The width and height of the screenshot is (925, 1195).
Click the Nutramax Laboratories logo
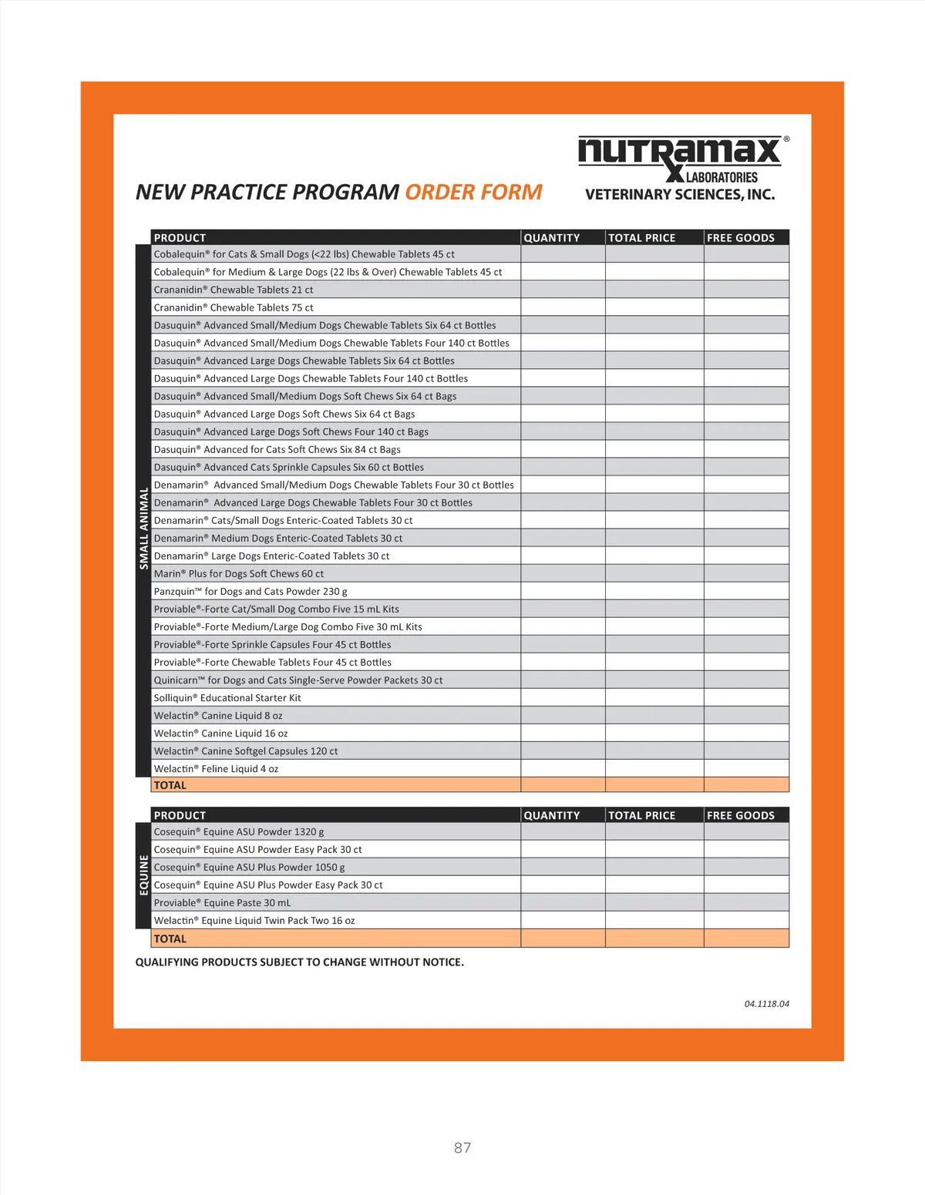pyautogui.click(x=683, y=158)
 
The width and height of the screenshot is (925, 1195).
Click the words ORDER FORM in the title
pyautogui.click(x=473, y=192)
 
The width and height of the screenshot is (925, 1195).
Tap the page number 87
pyautogui.click(x=462, y=1147)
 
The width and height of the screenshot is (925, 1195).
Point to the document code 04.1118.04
pyautogui.click(x=766, y=1004)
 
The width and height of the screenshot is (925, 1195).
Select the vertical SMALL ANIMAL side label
pyautogui.click(x=143, y=529)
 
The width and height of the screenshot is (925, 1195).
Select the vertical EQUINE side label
pyautogui.click(x=143, y=875)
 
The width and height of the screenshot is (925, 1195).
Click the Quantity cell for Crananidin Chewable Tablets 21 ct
pyautogui.click(x=563, y=290)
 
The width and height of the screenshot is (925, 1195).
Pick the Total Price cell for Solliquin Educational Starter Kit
pyautogui.click(x=654, y=698)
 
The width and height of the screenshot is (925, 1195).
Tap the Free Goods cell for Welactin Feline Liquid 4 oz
pyautogui.click(x=746, y=769)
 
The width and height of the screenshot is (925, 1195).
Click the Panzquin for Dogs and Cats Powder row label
pyautogui.click(x=251, y=592)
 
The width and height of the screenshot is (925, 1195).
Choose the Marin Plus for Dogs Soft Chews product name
pyautogui.click(x=239, y=574)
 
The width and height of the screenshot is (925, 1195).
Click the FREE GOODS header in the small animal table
pyautogui.click(x=741, y=238)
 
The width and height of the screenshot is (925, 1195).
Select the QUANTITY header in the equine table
pyautogui.click(x=552, y=815)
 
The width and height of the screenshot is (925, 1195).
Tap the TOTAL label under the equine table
pyautogui.click(x=170, y=939)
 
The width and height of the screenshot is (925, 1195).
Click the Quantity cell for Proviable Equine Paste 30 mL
pyautogui.click(x=563, y=903)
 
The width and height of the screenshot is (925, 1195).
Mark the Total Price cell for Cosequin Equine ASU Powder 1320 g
pyautogui.click(x=654, y=832)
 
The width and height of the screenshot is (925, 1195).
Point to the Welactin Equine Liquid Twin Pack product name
pyautogui.click(x=254, y=921)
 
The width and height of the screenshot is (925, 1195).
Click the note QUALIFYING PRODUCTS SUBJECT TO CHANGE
pyautogui.click(x=300, y=962)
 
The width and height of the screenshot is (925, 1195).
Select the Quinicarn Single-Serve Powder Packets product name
pyautogui.click(x=298, y=680)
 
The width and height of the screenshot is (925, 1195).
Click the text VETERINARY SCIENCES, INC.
pyautogui.click(x=680, y=195)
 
